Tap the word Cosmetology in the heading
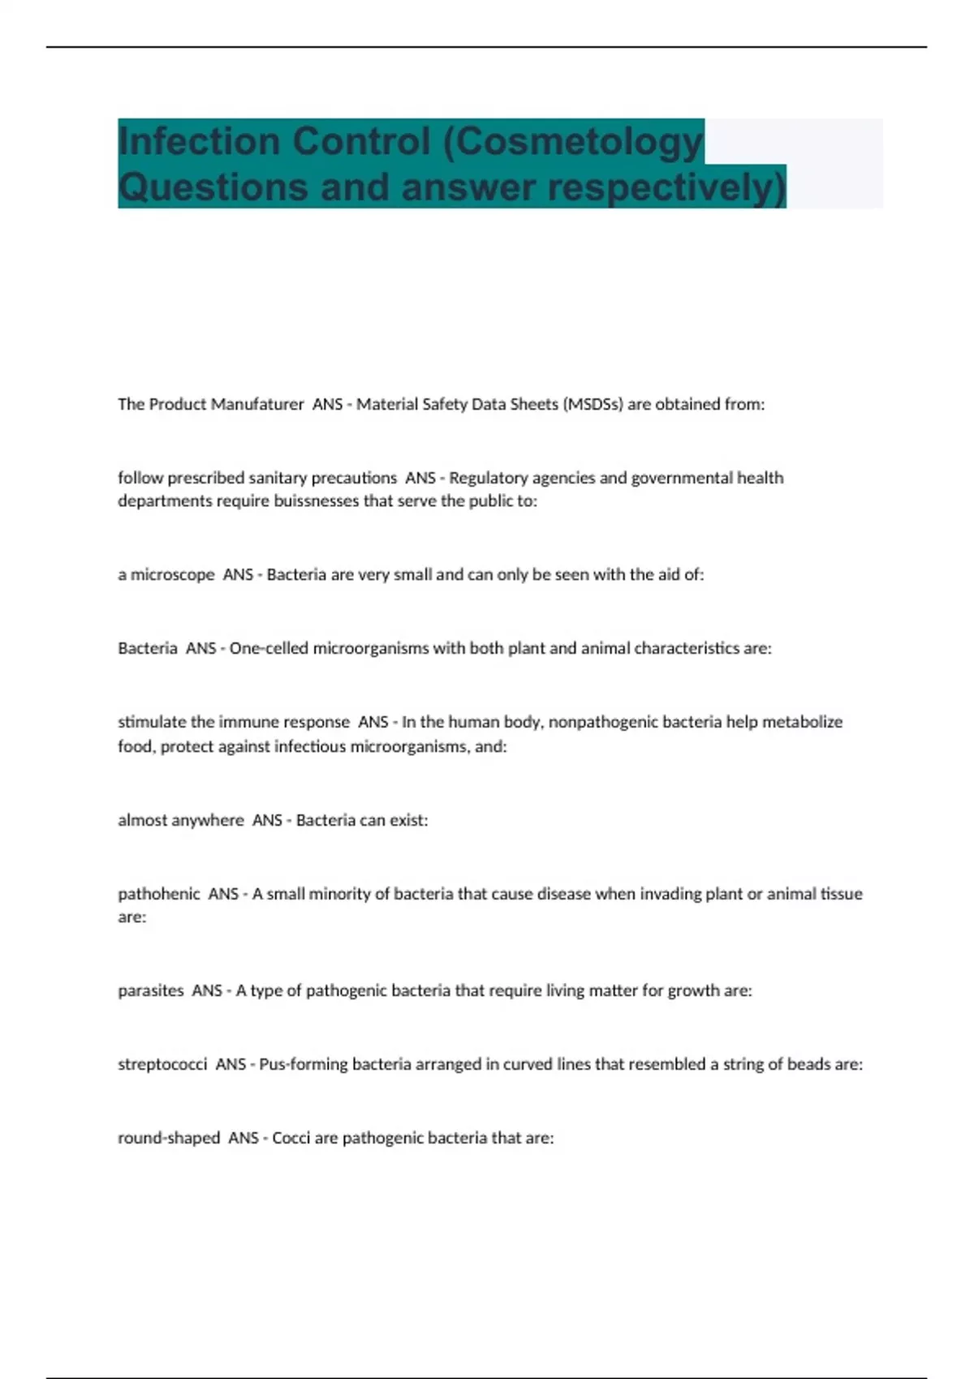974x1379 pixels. (x=581, y=141)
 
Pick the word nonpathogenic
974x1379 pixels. (x=599, y=721)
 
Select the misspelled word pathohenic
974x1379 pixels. (x=158, y=894)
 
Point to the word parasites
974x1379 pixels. (x=151, y=990)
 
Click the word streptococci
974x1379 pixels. (x=162, y=1064)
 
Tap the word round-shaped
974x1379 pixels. (x=169, y=1138)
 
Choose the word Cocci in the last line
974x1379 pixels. (x=291, y=1138)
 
